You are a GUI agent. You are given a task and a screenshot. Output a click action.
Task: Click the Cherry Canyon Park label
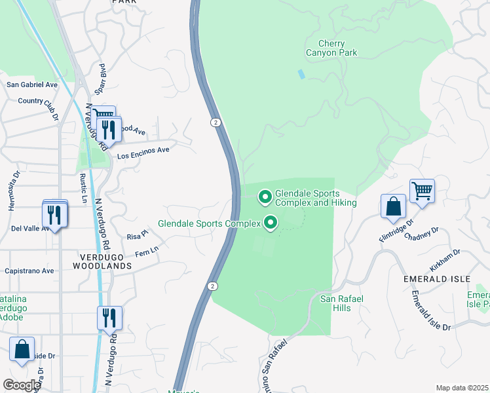332,47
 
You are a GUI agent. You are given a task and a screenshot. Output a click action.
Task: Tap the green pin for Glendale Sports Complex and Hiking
265,196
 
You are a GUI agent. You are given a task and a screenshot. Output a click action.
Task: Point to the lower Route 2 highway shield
212,286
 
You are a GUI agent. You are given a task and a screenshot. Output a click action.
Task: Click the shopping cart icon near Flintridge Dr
423,191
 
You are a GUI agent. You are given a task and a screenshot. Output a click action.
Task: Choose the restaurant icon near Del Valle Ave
54,215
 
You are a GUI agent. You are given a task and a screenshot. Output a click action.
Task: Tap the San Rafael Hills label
341,304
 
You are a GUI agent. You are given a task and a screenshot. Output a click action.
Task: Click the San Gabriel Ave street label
32,84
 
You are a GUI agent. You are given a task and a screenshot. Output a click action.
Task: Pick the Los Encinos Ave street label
143,153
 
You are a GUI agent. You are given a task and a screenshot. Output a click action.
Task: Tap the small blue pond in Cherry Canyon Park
301,74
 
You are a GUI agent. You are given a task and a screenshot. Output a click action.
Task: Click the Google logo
21,384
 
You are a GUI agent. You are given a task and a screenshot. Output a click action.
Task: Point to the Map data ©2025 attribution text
462,388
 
